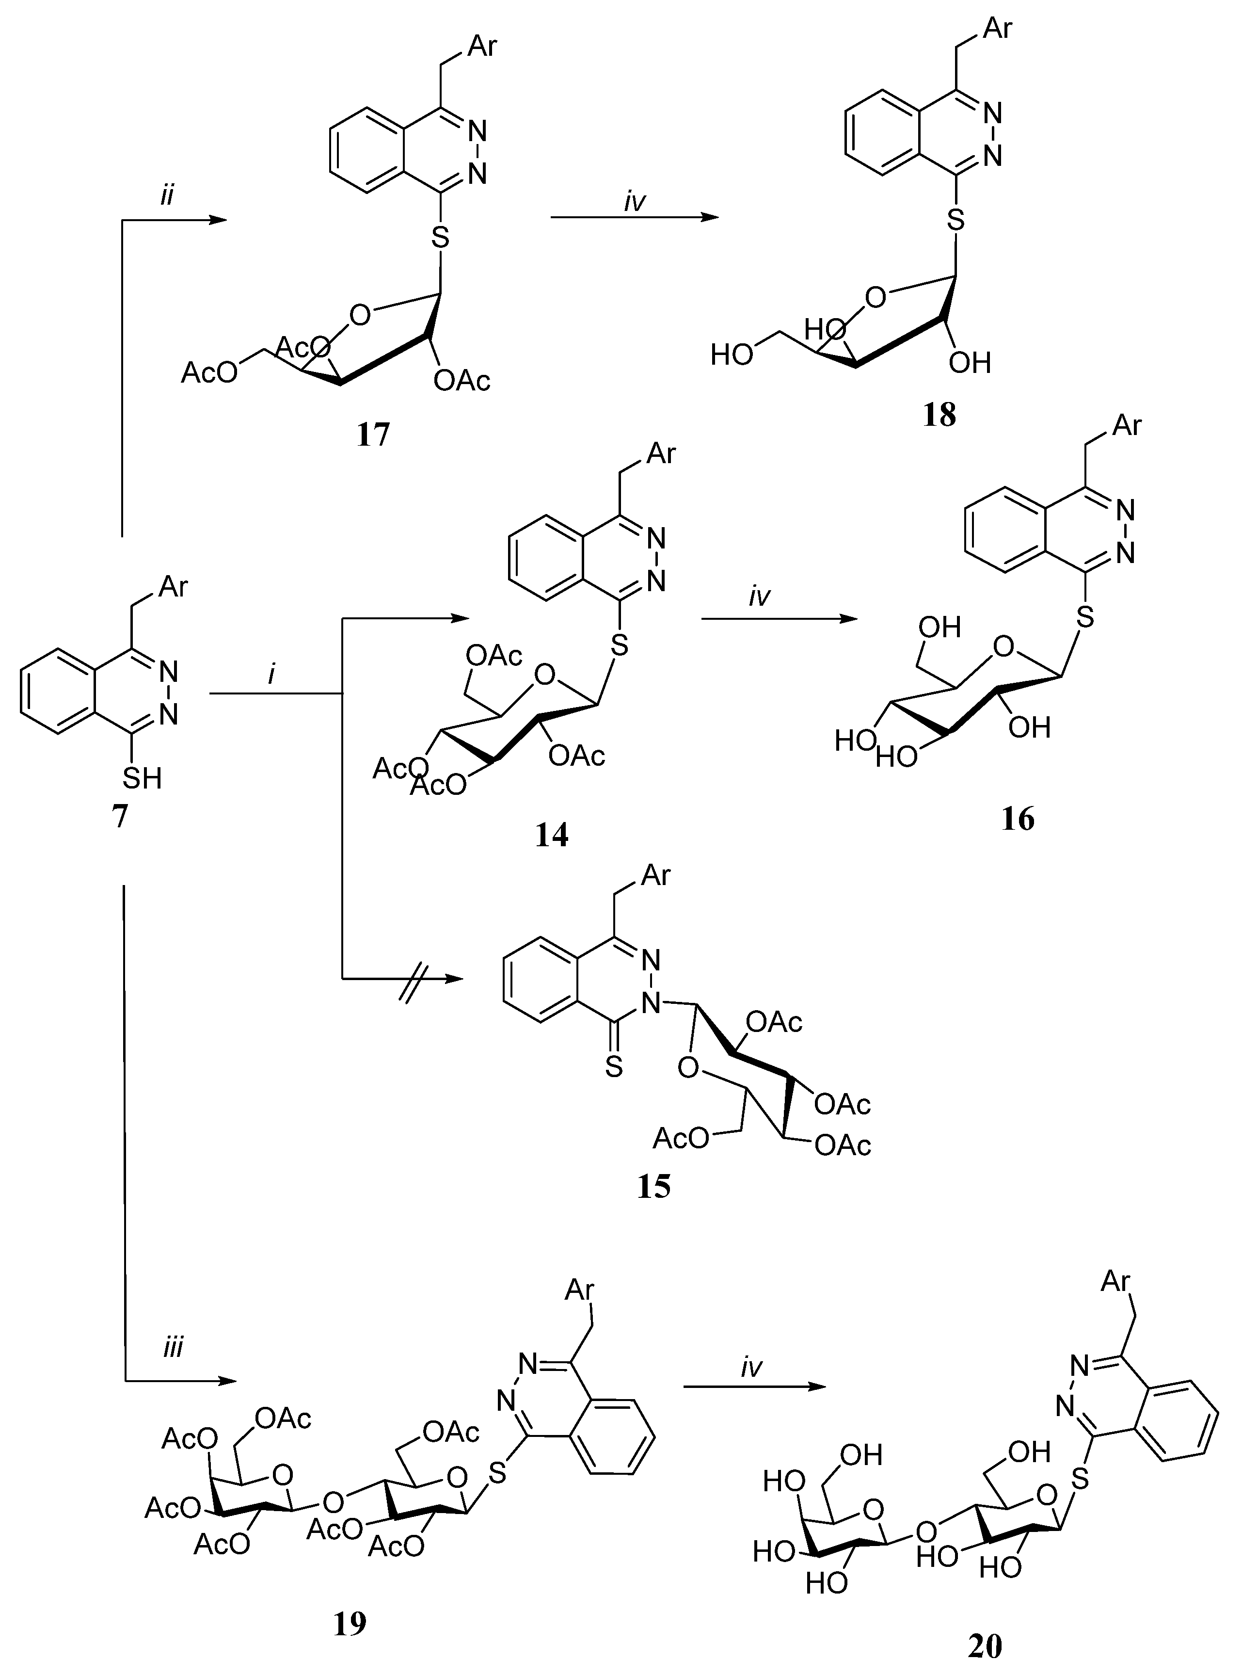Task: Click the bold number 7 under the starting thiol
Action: [120, 816]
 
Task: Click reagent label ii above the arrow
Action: [166, 195]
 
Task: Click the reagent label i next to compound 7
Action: [271, 675]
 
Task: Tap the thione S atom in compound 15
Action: [614, 1067]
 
